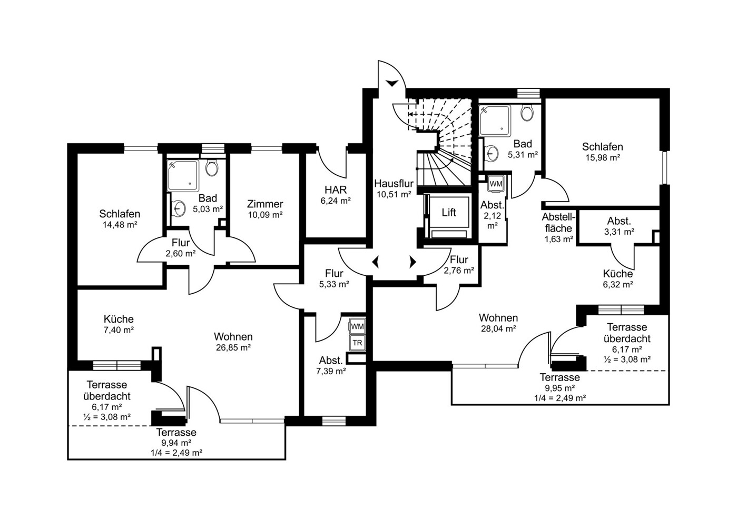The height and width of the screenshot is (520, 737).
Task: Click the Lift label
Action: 449,212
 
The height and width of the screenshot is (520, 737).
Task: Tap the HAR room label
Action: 336,189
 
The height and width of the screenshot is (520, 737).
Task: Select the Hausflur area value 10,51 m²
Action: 394,194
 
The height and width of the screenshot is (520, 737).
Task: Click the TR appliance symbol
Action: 357,343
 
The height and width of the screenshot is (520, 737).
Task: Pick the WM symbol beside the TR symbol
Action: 357,326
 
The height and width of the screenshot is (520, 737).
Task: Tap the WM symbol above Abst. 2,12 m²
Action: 496,184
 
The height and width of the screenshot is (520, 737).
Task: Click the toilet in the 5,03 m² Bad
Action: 212,168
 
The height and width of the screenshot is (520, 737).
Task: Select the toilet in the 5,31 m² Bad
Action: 527,113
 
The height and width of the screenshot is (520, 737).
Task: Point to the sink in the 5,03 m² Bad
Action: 179,208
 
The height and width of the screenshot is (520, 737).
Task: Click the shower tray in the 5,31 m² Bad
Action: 495,121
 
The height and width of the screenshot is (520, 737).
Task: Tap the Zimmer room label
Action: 265,204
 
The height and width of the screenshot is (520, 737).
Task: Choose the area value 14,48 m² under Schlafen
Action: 120,225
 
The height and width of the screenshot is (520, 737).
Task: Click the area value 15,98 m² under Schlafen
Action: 603,157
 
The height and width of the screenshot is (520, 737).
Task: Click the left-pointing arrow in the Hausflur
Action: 376,262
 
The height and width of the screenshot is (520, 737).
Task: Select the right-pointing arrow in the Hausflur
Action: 412,262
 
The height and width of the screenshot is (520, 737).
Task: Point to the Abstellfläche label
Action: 558,223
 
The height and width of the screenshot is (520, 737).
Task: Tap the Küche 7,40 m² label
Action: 119,324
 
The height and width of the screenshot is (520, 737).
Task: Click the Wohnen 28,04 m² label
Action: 498,323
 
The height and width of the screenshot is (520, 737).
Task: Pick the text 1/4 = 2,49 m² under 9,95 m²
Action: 559,398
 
